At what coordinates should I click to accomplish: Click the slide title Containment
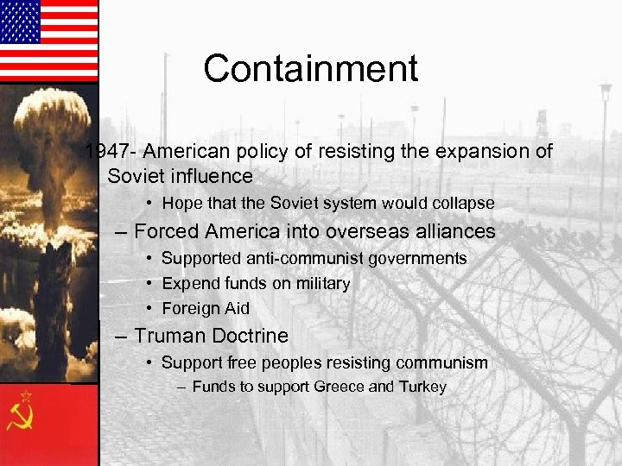point(311,69)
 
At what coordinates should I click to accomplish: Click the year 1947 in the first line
point(106,152)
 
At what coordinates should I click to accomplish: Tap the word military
point(321,283)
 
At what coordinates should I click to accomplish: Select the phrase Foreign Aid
point(205,308)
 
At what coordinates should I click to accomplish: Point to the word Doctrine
point(251,335)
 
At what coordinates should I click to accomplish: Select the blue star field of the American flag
point(20,22)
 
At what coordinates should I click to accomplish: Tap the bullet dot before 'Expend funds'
point(150,283)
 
